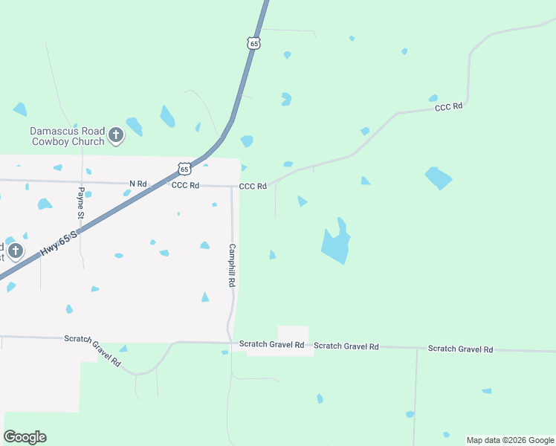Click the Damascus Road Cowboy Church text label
[67, 136]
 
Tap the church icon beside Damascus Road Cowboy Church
[116, 135]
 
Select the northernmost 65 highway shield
[254, 44]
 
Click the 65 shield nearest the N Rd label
[184, 169]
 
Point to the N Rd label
[138, 184]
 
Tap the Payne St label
[81, 202]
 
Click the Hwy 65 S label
[58, 242]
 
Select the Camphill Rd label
[232, 265]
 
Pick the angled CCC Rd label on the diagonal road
[448, 106]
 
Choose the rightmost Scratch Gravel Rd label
[461, 349]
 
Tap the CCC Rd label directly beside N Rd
[185, 185]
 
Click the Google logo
[25, 437]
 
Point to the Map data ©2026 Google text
[510, 440]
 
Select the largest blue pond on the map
[335, 242]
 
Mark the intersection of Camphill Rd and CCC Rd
[232, 187]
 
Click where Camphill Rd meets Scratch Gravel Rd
[230, 343]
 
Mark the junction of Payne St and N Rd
[79, 182]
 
